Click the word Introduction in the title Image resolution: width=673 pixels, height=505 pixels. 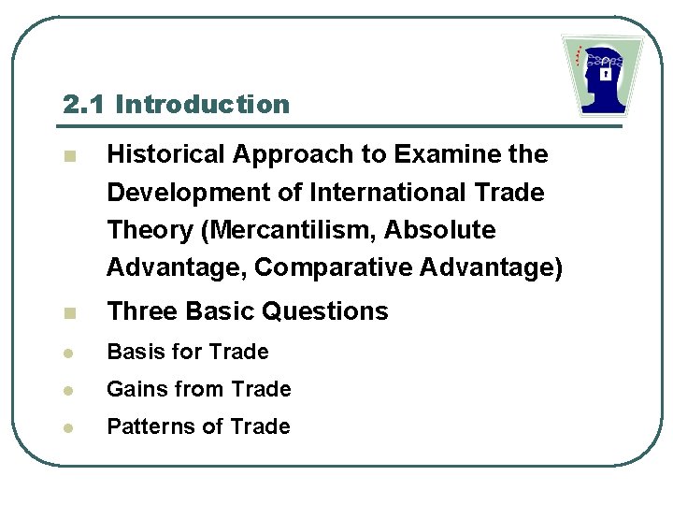(x=203, y=104)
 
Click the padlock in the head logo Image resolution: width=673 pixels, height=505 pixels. (x=606, y=72)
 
